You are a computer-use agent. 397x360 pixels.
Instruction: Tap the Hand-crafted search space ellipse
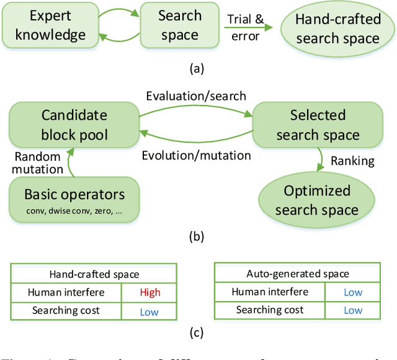(337, 28)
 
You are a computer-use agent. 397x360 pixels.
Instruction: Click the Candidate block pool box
(74, 124)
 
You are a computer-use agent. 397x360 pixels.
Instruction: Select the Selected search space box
(318, 125)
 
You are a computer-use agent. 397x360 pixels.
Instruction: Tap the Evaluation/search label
(196, 96)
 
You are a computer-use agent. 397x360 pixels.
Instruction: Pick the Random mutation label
(38, 163)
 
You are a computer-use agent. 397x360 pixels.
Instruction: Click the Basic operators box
(74, 200)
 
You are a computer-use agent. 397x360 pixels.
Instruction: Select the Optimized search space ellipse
(317, 200)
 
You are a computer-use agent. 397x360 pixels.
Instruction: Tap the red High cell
(149, 292)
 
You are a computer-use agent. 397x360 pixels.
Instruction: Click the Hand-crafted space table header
(94, 274)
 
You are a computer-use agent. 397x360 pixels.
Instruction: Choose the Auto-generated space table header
(297, 274)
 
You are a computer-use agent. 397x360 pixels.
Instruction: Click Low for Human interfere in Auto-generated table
(353, 292)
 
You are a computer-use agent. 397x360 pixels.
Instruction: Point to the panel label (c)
(196, 333)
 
